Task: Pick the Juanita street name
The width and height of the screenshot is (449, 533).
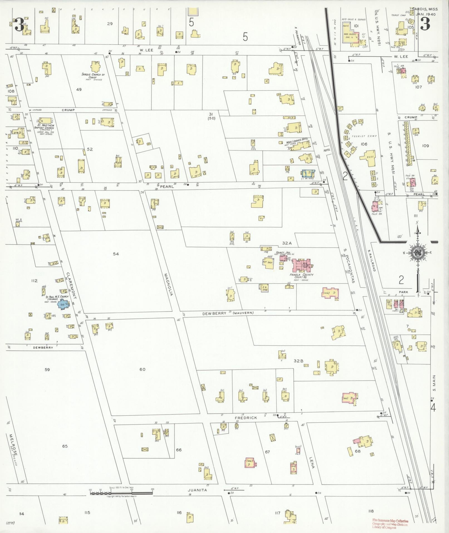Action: (197, 490)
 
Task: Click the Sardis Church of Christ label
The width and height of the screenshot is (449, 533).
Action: (93, 76)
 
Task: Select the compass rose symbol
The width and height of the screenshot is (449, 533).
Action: (417, 252)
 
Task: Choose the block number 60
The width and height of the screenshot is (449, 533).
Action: (142, 369)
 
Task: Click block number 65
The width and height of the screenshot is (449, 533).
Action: (65, 446)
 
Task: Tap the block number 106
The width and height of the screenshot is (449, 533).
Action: (364, 144)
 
